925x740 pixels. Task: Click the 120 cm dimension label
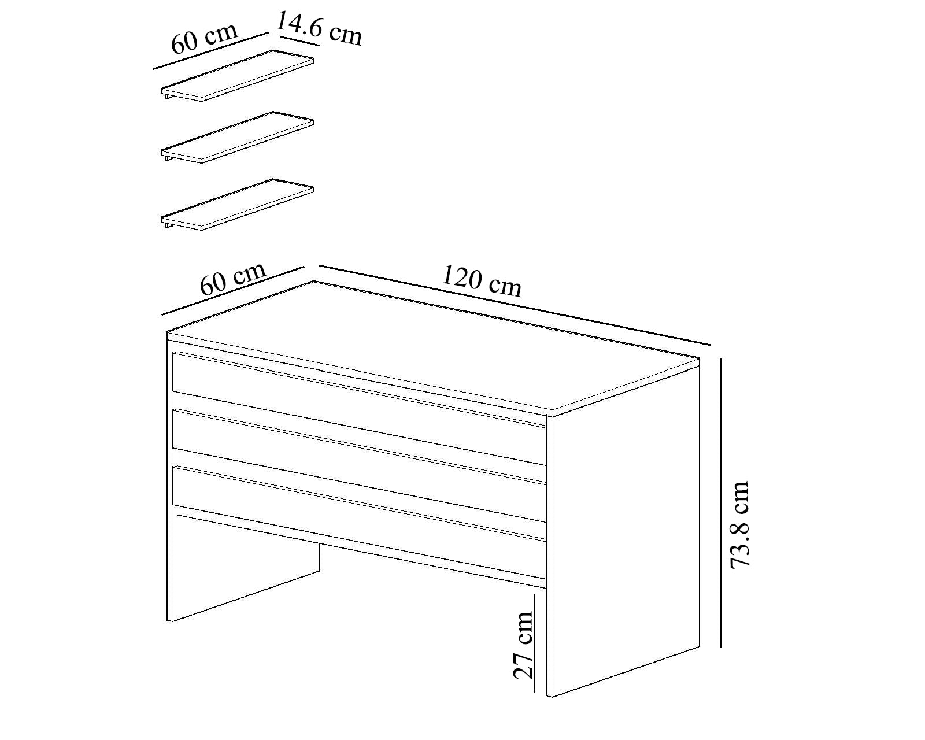tap(482, 282)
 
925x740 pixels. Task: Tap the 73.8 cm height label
tap(740, 525)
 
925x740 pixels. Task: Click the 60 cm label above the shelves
tap(204, 38)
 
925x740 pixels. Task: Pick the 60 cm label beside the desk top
tap(233, 279)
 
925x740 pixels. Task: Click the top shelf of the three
tap(237, 76)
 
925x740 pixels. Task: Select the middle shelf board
tap(237, 138)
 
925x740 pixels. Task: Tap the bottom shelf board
tap(237, 204)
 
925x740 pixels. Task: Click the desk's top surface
tap(433, 346)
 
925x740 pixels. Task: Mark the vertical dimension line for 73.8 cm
tap(721, 502)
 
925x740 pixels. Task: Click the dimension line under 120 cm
tap(515, 305)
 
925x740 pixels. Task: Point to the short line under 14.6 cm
tap(300, 41)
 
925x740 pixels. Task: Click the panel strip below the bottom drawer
tap(361, 547)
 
